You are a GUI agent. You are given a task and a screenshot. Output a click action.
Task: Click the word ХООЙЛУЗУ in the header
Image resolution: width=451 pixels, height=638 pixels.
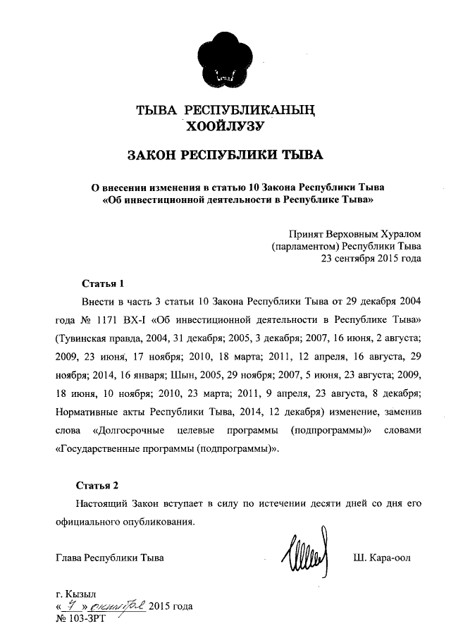(225, 127)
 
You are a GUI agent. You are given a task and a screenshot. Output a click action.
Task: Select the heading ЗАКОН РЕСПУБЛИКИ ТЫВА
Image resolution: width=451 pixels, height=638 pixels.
(225, 155)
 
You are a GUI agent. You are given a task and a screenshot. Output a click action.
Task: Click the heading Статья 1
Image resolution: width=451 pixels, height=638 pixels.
(103, 284)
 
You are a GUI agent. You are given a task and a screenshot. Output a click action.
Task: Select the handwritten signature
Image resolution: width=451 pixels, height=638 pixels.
(304, 556)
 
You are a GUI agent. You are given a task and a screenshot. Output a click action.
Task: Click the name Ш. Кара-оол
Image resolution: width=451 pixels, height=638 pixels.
(381, 558)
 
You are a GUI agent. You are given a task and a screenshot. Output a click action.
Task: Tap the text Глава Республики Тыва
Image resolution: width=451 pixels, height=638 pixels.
(109, 558)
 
